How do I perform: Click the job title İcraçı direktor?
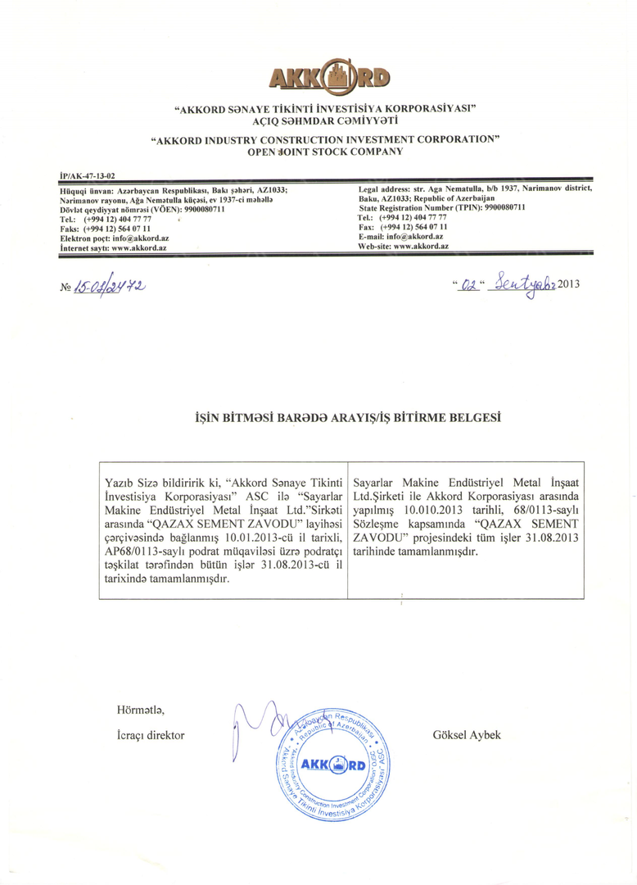click(146, 735)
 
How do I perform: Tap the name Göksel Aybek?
click(466, 735)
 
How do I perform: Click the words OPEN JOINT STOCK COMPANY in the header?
click(325, 152)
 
